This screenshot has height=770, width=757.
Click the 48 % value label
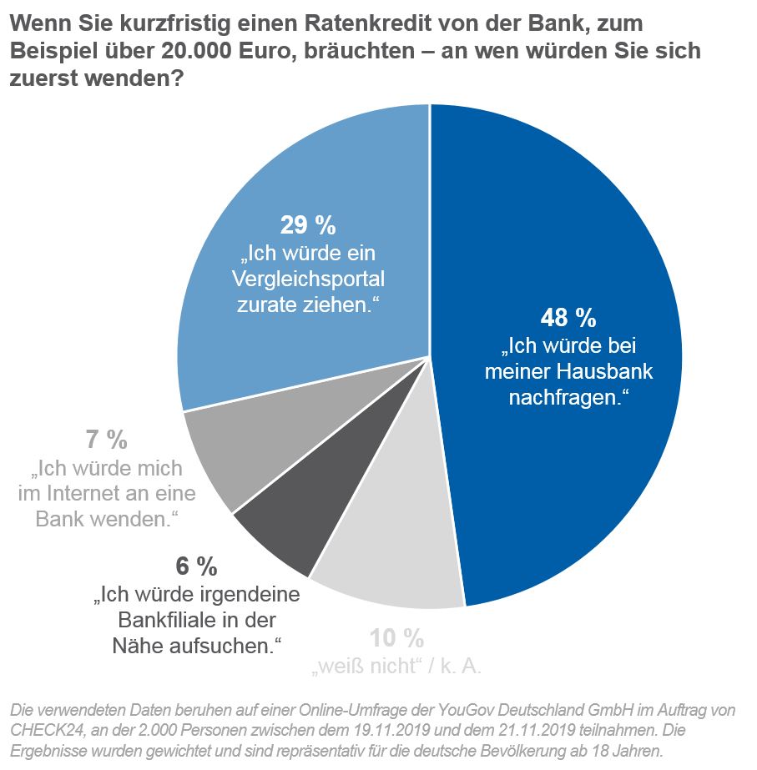(568, 318)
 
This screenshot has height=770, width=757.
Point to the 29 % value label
(306, 225)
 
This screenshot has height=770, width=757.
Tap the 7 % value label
(106, 439)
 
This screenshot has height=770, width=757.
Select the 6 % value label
(196, 567)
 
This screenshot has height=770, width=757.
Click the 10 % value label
(397, 639)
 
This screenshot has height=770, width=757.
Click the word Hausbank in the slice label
(608, 371)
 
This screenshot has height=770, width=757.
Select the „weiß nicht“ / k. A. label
(396, 667)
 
